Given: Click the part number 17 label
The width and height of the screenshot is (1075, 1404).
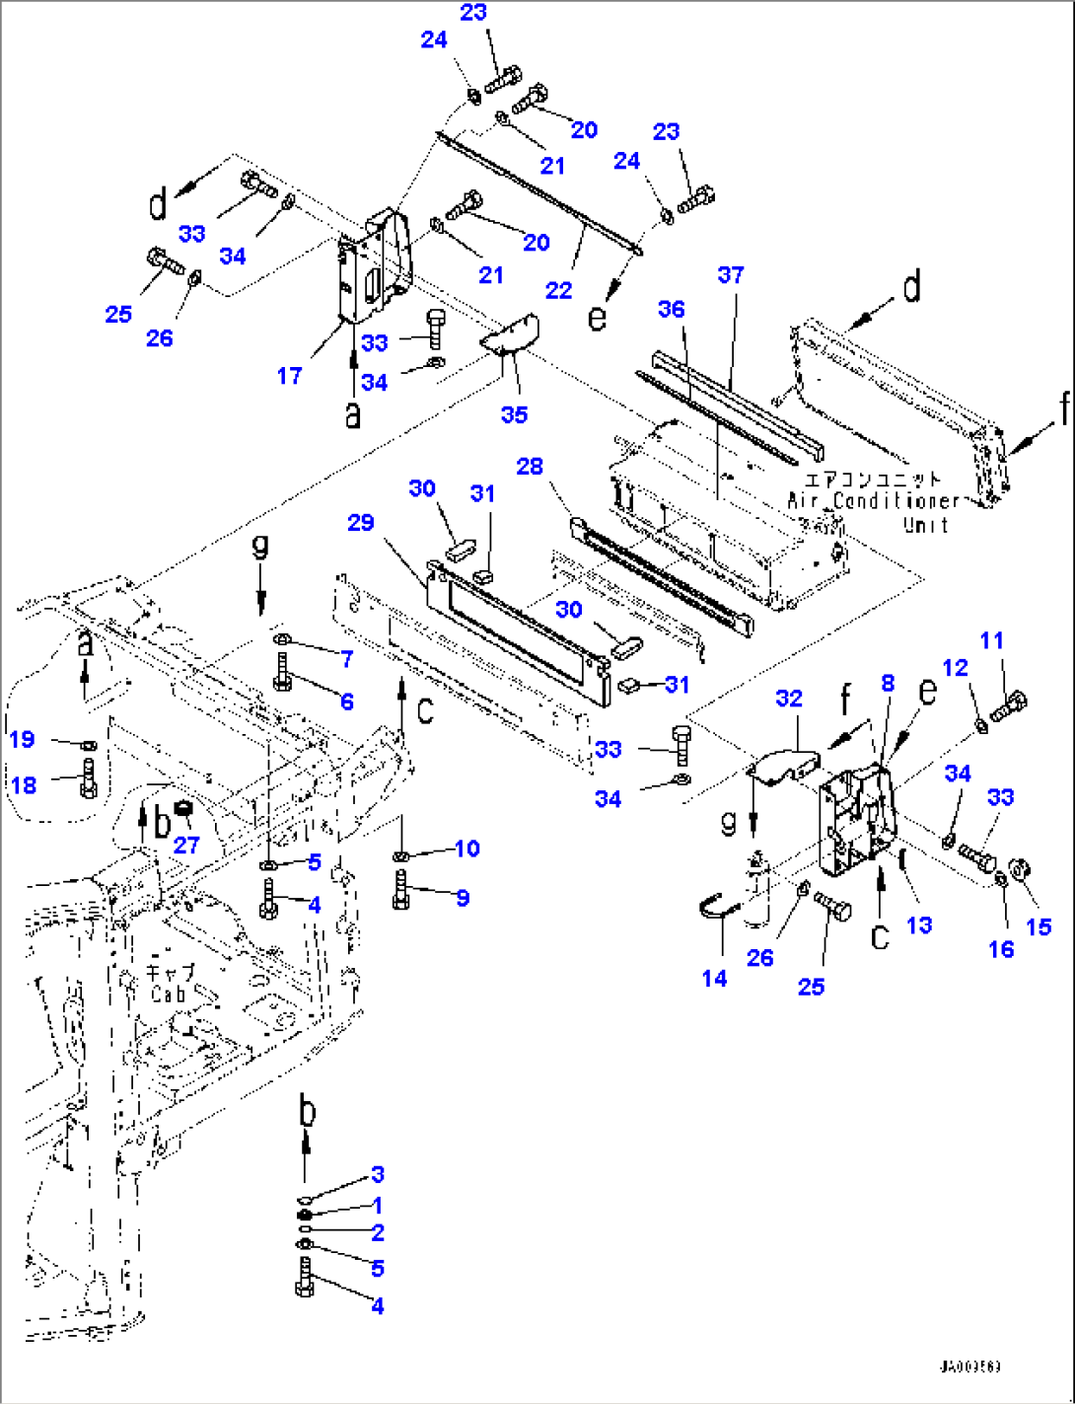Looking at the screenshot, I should pyautogui.click(x=289, y=376).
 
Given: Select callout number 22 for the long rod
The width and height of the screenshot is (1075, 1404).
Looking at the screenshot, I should pyautogui.click(x=558, y=290).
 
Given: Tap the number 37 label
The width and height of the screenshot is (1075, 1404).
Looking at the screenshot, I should pyautogui.click(x=731, y=275).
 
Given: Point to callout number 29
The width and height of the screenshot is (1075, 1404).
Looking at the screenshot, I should pyautogui.click(x=361, y=522).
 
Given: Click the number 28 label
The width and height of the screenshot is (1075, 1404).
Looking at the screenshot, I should pyautogui.click(x=530, y=466).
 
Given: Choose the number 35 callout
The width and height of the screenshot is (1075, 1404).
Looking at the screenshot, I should pyautogui.click(x=514, y=414).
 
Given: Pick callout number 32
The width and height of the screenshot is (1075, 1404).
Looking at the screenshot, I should pyautogui.click(x=789, y=699).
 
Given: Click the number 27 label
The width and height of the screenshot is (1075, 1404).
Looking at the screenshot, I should pyautogui.click(x=186, y=845).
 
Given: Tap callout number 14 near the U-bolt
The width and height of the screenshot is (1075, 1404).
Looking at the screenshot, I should pyautogui.click(x=715, y=978).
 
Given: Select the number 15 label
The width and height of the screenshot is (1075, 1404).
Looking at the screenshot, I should pyautogui.click(x=1039, y=926).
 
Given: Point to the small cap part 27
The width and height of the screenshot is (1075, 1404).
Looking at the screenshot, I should pyautogui.click(x=183, y=811).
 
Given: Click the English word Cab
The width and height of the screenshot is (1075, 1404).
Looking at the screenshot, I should pyautogui.click(x=168, y=995).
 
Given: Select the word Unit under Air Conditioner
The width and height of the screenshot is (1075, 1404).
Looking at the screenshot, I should pyautogui.click(x=925, y=525).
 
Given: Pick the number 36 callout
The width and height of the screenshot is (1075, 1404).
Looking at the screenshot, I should pyautogui.click(x=671, y=309).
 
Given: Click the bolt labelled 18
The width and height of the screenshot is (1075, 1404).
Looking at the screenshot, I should pyautogui.click(x=89, y=777).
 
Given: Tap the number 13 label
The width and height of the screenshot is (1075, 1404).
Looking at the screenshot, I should pyautogui.click(x=919, y=924).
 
